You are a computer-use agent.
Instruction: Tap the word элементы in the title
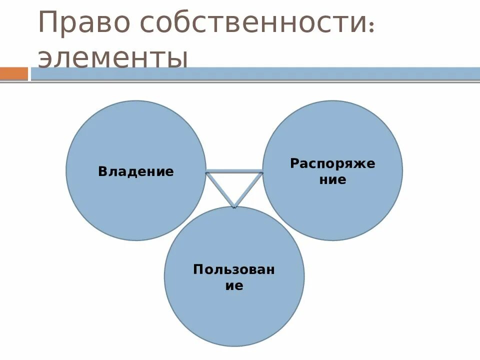coord(113,58)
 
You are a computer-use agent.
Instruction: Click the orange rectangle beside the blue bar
coord(14,73)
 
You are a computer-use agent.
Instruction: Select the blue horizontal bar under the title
coord(255,73)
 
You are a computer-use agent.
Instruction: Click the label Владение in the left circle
coord(136,172)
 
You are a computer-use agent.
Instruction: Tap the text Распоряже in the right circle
coord(332,163)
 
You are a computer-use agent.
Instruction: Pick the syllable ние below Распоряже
coord(332,180)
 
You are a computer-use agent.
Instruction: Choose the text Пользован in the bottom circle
coord(234,269)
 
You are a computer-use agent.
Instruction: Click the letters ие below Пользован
coord(234,286)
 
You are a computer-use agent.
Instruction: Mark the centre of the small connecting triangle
coord(234,184)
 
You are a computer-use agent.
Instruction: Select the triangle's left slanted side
coord(220,189)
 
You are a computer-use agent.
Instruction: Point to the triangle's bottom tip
coord(234,206)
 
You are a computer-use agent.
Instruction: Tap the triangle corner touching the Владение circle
coord(207,173)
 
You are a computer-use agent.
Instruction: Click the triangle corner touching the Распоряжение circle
coord(261,173)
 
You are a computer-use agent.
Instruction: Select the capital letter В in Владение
coord(102,172)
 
